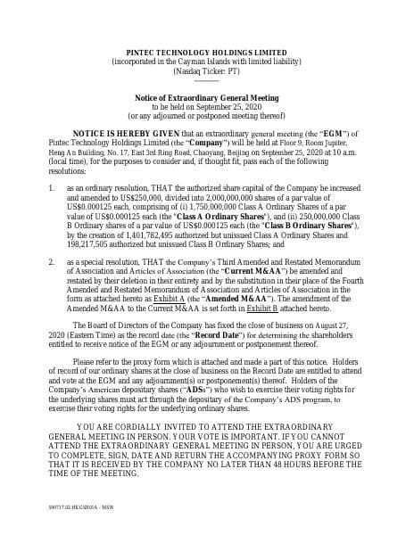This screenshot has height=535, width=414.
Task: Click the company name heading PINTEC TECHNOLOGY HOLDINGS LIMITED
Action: (206, 53)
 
